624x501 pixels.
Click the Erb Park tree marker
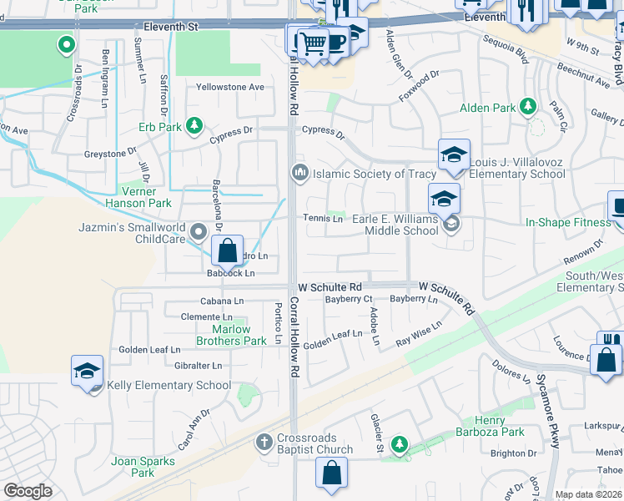pos(194,126)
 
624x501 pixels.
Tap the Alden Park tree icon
pos(526,107)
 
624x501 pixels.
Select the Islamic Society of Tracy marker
pos(299,173)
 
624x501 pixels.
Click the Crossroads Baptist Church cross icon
pos(264,441)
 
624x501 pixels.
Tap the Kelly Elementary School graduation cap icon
pos(88,372)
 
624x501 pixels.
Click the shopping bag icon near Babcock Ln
pos(226,250)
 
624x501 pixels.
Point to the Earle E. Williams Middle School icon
pos(444,199)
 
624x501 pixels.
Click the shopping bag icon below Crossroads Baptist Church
pos(331,473)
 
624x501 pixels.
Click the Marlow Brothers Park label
pos(231,335)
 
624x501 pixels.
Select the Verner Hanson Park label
pos(138,196)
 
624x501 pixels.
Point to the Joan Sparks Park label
pos(143,467)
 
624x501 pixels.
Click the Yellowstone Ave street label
pos(229,87)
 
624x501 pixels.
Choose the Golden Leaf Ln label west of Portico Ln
pos(149,350)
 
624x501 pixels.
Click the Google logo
pos(28,490)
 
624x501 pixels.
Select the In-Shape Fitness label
pos(568,222)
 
